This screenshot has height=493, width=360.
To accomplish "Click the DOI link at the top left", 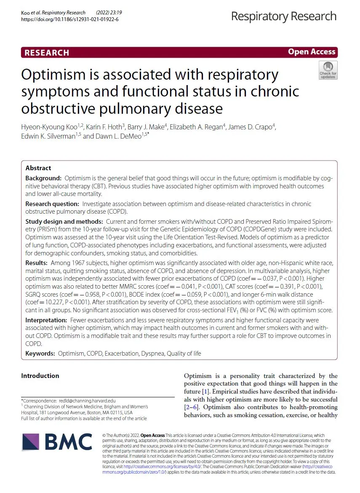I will tap(69, 19).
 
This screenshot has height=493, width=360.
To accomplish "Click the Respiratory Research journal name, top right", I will tap(283, 16).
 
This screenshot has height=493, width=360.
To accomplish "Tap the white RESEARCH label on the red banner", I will tap(47, 53).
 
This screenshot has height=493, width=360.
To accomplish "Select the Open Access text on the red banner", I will tap(312, 52).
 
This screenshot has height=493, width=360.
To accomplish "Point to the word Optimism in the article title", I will tap(53, 75).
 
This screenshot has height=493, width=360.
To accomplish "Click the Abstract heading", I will tap(38, 168).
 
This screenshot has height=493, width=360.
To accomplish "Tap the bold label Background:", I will tap(43, 179).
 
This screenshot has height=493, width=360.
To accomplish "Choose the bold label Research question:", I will tap(54, 204).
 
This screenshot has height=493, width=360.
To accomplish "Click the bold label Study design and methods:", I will tap(64, 221).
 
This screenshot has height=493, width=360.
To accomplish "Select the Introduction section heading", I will tap(40, 376).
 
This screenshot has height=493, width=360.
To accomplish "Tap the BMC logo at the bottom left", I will tap(57, 442).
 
